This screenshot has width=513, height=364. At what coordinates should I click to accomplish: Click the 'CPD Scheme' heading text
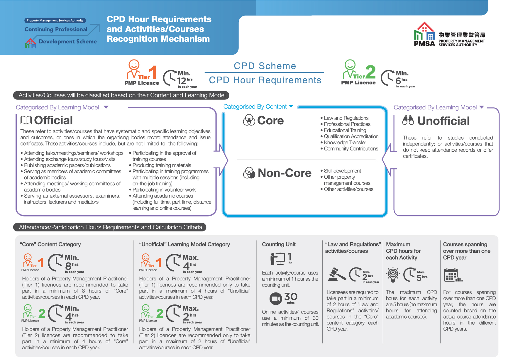pos(265,66)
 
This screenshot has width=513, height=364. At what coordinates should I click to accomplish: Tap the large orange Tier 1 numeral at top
pos(153,72)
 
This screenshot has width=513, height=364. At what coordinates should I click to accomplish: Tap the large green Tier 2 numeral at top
pos(370,72)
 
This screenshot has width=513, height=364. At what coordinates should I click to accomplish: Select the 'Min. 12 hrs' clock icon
pos(170,78)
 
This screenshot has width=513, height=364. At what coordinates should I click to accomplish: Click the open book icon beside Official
pos(26,120)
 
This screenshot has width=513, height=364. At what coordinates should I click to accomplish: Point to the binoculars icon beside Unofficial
pos(408,120)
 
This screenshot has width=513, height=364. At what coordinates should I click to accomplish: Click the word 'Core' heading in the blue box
pos(270,121)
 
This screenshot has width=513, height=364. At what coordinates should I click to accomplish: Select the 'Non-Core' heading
pos(285,173)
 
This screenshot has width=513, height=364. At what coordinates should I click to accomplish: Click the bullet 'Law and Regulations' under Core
pos(346,118)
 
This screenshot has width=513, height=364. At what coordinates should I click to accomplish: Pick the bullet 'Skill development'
pos(342,171)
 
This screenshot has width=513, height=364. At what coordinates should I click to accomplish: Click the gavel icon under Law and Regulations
pos(337,275)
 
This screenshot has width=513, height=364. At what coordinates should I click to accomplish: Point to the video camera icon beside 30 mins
pos(276,299)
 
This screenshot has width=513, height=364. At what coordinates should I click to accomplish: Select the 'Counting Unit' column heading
pos(279,244)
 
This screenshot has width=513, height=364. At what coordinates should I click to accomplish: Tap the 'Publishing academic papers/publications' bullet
pos(67,165)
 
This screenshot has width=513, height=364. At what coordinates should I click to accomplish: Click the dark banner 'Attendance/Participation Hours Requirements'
pos(110,227)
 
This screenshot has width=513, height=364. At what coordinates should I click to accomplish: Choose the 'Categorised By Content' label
pos(255,107)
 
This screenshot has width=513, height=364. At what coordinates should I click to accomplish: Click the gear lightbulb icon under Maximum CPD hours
pos(393,274)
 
